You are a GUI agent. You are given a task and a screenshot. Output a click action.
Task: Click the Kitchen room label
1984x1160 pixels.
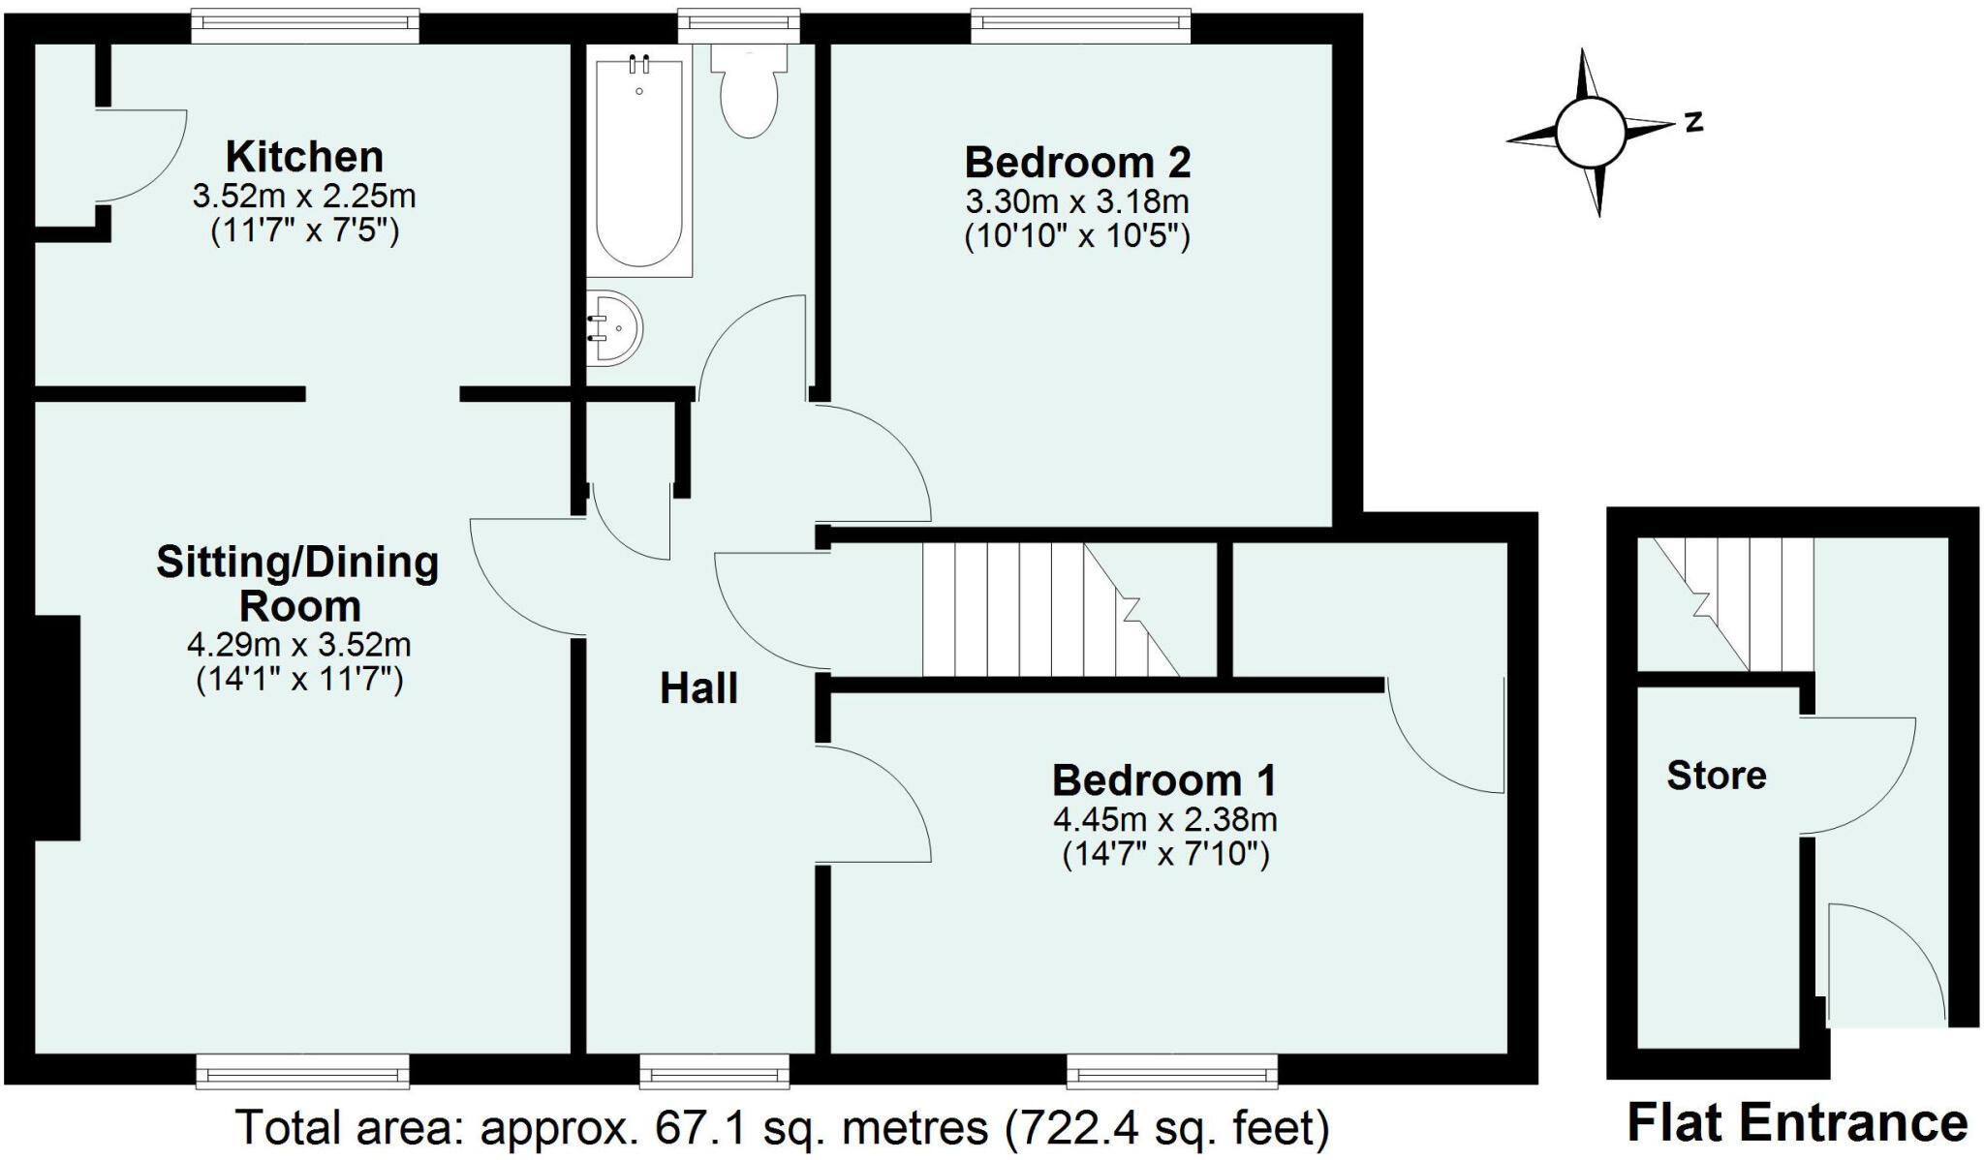pyautogui.click(x=304, y=156)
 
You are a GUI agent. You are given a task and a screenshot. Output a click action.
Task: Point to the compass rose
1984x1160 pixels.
pyautogui.click(x=1590, y=132)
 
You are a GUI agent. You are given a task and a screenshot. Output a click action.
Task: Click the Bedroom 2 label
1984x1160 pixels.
pyautogui.click(x=1077, y=162)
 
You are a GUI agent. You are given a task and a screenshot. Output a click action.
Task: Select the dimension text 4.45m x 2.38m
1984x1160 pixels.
pyautogui.click(x=1164, y=820)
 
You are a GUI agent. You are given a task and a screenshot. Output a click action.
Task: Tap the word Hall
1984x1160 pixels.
pyautogui.click(x=698, y=688)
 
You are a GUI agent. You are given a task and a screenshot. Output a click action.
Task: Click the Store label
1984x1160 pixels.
pyautogui.click(x=1716, y=775)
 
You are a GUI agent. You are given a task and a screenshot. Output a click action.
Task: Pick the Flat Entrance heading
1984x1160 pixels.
pyautogui.click(x=1797, y=1123)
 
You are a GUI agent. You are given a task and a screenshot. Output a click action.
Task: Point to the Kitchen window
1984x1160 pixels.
pyautogui.click(x=305, y=26)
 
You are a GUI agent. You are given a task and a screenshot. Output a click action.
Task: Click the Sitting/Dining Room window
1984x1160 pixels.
pyautogui.click(x=302, y=1072)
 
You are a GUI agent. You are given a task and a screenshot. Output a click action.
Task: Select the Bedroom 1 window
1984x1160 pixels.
pyautogui.click(x=1171, y=1072)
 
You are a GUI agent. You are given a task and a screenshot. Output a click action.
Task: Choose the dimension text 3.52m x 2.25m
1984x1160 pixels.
pyautogui.click(x=304, y=197)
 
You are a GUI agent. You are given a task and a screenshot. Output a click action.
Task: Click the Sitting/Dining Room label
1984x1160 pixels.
pyautogui.click(x=298, y=584)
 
